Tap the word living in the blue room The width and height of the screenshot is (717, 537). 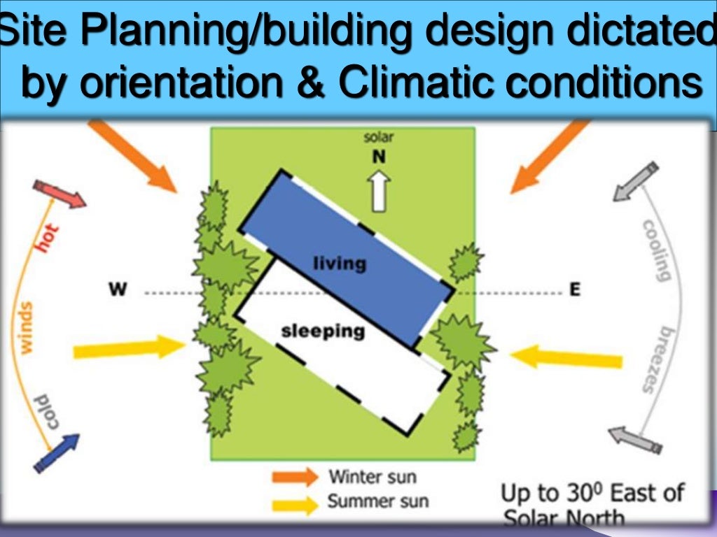340,264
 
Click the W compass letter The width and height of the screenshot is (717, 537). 118,289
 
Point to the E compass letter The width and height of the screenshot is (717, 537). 575,289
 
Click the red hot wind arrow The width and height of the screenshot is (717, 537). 60,193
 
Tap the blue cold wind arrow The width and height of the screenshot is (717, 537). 56,452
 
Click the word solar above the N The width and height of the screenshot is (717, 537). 378,138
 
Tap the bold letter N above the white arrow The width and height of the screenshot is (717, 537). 378,157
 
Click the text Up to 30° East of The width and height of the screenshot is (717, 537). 592,492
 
